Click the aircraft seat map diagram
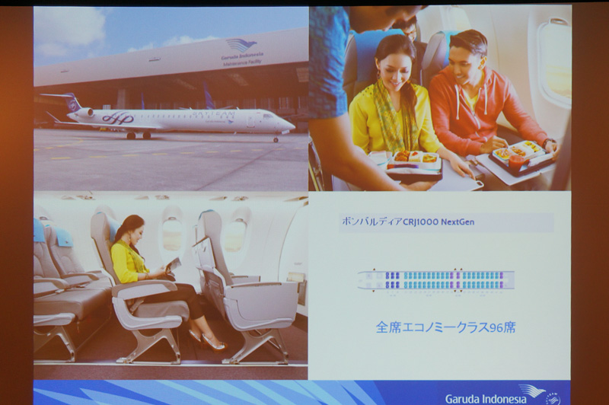point(435,279)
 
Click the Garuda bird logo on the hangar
point(241,45)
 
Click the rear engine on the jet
point(84,112)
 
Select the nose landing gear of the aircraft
point(276,139)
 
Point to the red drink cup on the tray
point(518,161)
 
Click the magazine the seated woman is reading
point(174,264)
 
